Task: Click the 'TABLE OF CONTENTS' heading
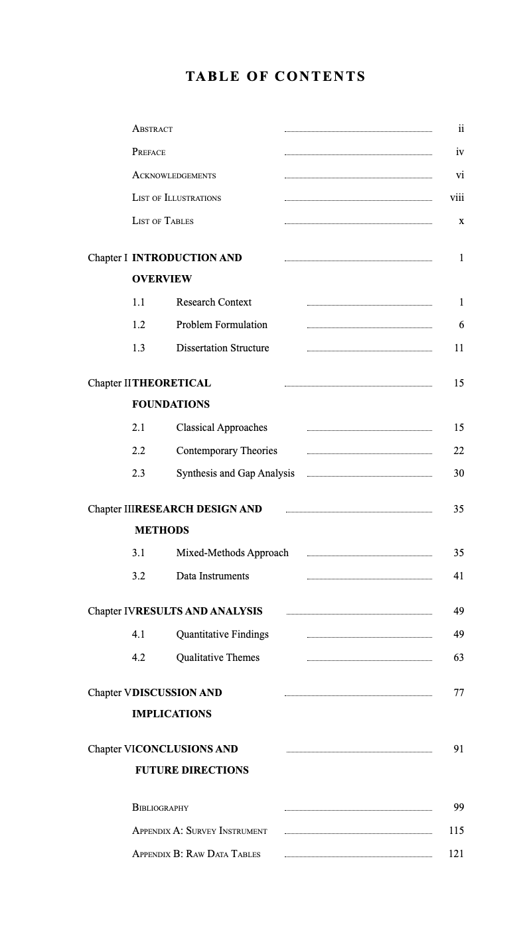(275, 77)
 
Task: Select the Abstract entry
(152, 129)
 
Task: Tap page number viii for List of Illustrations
(457, 198)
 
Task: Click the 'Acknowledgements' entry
(174, 176)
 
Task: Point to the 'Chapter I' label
(108, 258)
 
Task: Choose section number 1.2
(138, 325)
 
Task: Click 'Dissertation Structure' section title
(222, 348)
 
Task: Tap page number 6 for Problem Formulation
(461, 325)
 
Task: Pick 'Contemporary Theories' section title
(226, 451)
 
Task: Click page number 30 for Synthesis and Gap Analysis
(459, 473)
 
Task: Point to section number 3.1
(138, 553)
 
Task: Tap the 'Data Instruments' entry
(212, 576)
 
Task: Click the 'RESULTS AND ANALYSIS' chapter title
(199, 611)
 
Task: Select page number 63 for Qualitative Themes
(459, 658)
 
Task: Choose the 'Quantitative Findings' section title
(222, 634)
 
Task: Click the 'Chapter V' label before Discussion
(109, 693)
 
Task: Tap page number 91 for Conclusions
(459, 749)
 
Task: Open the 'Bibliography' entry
(160, 808)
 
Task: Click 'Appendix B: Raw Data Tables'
(196, 854)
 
